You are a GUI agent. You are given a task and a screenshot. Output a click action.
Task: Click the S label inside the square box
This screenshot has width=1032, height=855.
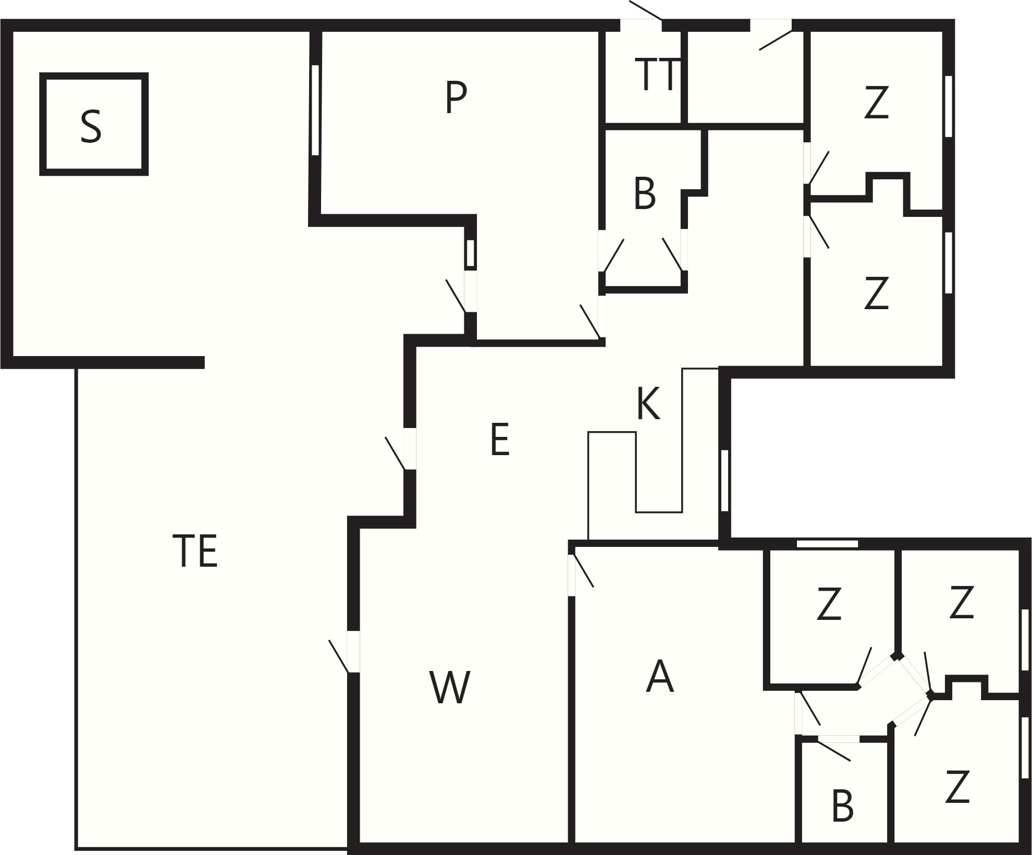(91, 127)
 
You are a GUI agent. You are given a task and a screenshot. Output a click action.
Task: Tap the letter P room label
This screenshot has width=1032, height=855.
(456, 97)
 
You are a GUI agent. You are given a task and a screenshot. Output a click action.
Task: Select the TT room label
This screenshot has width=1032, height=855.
(658, 75)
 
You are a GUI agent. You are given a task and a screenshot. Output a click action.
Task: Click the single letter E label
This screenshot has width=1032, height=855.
(500, 440)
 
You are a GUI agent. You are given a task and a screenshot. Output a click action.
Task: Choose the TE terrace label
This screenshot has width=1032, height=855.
(195, 551)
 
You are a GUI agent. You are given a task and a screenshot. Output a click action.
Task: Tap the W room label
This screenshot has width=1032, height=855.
(450, 687)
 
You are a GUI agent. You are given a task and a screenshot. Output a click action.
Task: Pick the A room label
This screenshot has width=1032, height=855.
(660, 676)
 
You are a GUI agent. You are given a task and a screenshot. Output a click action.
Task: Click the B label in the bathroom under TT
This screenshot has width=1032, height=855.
(645, 194)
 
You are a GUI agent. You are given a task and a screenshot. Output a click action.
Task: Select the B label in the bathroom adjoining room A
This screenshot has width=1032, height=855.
(842, 806)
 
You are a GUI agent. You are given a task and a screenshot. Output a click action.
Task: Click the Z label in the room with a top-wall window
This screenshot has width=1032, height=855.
(829, 604)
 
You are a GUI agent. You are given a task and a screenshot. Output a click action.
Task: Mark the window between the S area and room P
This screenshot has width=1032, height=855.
(315, 110)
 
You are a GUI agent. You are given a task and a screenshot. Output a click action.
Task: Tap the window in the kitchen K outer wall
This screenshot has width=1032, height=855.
(724, 480)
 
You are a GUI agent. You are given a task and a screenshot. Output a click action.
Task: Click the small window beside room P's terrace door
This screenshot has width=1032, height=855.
(470, 254)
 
